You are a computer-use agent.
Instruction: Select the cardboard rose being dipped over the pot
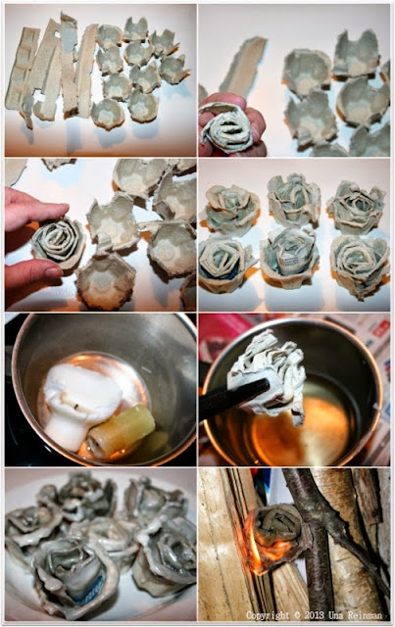tap(268, 371)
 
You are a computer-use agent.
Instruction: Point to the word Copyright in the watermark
tap(268, 614)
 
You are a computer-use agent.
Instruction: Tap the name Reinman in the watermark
tap(367, 614)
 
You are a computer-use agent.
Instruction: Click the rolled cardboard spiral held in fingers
tap(227, 127)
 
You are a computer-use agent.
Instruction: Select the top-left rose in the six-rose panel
tap(231, 209)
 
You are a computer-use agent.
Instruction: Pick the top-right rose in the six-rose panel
tap(356, 207)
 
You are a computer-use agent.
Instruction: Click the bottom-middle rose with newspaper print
tap(289, 257)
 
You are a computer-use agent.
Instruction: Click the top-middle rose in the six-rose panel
tap(294, 199)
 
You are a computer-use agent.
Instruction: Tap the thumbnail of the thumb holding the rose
tap(53, 272)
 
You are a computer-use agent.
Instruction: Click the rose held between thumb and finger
tap(59, 243)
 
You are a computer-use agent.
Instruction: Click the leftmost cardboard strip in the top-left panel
tap(22, 69)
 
